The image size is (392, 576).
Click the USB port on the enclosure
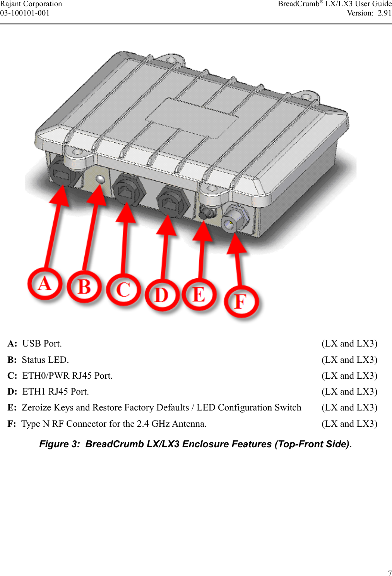point(61,174)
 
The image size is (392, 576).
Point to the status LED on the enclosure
point(100,179)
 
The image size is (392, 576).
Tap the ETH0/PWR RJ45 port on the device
point(128,189)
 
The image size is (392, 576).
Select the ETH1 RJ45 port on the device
point(173,201)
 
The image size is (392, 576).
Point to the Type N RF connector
point(235,218)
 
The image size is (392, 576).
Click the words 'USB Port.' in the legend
point(42,343)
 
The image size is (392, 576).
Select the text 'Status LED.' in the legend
point(45,360)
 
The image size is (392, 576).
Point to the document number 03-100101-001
point(25,13)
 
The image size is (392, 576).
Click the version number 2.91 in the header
point(385,13)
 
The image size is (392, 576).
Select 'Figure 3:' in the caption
point(60,444)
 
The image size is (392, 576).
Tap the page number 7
point(390,573)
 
